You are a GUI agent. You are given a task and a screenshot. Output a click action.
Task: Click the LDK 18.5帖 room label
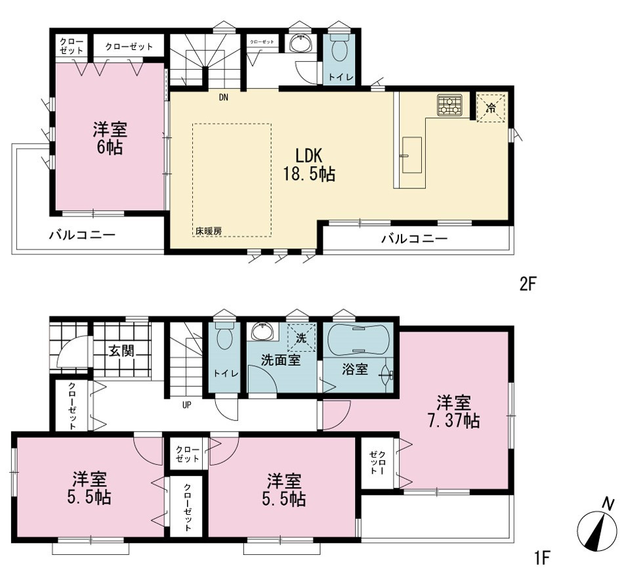(309, 164)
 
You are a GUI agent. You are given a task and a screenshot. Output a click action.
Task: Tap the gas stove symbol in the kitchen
(450, 105)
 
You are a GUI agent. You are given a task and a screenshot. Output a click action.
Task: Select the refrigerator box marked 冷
(491, 108)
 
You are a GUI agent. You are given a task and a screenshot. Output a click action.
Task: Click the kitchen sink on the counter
(412, 155)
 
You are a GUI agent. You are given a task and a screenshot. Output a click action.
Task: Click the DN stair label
(224, 97)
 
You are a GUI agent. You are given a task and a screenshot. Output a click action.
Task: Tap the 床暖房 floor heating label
(208, 231)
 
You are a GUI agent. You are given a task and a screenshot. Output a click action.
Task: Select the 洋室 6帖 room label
(110, 139)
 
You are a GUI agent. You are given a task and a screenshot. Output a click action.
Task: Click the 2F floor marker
(528, 284)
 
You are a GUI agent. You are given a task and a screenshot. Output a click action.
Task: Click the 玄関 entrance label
(122, 351)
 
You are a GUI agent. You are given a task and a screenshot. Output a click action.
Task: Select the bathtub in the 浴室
(358, 340)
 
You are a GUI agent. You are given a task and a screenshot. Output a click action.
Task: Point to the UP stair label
(186, 405)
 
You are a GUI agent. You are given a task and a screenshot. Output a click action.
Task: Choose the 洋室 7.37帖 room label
(453, 411)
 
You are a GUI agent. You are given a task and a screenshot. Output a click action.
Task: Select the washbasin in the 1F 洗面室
(262, 332)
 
